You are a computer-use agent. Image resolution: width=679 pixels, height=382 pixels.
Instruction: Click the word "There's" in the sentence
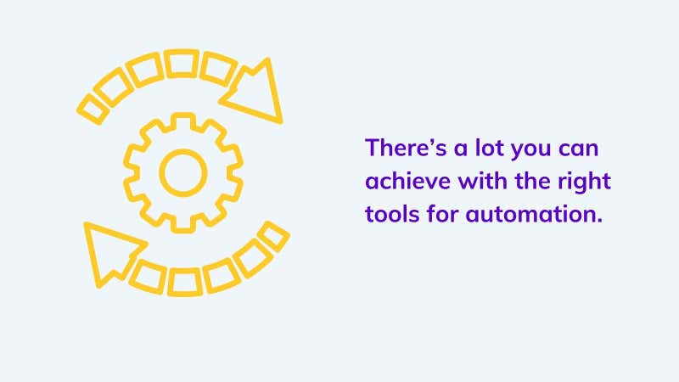coord(406,147)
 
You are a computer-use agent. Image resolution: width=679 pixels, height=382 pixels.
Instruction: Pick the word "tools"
coord(392,214)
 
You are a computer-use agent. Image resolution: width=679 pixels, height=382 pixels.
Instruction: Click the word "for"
coord(442,214)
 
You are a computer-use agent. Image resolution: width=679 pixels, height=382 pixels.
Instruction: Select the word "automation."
coord(534,214)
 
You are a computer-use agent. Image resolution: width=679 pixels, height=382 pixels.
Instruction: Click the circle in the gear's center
coord(183,173)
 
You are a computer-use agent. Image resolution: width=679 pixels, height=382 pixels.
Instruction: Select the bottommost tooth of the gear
coord(183,225)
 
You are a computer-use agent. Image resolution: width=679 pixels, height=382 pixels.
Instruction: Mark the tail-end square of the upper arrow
coord(93,110)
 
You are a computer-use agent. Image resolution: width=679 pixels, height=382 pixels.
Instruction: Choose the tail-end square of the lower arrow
coord(273,237)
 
